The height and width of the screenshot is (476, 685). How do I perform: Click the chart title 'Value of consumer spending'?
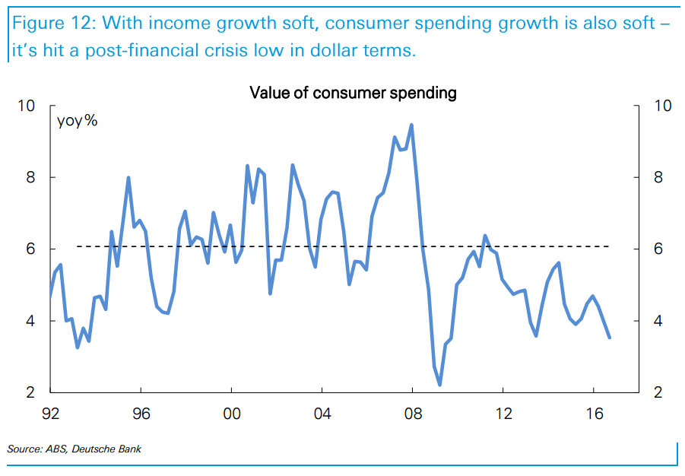click(353, 94)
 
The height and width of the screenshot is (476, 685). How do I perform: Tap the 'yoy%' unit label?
click(77, 120)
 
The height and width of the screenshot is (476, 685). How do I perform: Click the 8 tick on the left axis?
click(31, 177)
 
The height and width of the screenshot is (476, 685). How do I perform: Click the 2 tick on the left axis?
click(31, 393)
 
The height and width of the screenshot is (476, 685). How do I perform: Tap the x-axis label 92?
click(51, 414)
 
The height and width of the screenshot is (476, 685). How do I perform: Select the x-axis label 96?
click(141, 414)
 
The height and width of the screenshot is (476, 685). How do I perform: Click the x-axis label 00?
click(232, 414)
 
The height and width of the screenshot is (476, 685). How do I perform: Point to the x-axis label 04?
click(322, 414)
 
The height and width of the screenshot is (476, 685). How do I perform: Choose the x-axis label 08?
click(412, 414)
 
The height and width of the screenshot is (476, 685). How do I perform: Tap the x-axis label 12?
click(503, 414)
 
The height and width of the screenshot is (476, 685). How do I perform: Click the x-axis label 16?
click(593, 414)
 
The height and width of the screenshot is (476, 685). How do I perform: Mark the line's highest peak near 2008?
click(411, 125)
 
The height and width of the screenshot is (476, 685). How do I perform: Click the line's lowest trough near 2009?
click(439, 385)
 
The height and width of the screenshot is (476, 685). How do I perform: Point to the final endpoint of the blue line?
click(609, 338)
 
